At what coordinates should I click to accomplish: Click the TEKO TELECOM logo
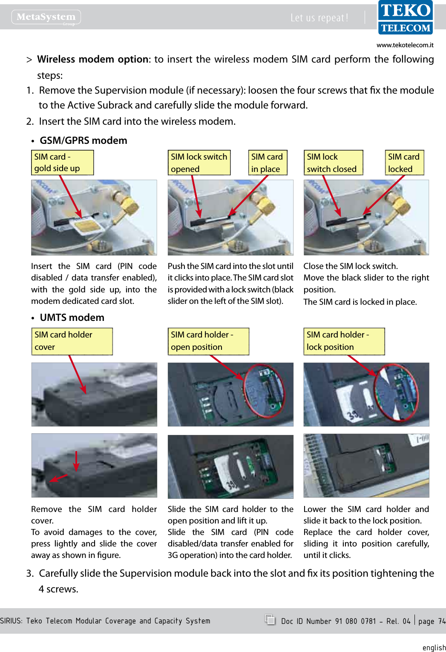point(406,17)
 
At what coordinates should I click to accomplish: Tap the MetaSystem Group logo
point(46,17)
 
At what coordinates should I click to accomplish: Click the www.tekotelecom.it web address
point(405,45)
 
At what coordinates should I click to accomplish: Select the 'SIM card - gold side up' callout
point(62,163)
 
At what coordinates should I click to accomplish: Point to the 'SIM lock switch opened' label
point(199,163)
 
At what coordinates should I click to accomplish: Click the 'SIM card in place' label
point(268,163)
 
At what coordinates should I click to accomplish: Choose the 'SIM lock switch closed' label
point(333,163)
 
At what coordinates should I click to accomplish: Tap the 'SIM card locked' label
point(404,163)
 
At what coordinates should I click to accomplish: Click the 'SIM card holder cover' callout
point(72,341)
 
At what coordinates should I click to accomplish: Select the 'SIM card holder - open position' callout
point(208,341)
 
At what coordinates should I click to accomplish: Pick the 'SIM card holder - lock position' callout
point(344,341)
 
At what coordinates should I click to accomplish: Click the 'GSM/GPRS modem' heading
point(83,140)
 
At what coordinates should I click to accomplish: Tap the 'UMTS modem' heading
point(72,317)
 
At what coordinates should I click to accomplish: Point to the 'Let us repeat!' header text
point(319,18)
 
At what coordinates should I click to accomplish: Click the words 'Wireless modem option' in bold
point(92,59)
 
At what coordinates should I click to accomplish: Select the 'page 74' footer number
point(432,621)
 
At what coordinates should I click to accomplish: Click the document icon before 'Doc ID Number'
point(270,620)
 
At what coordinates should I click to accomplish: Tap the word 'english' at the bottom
point(434,647)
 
